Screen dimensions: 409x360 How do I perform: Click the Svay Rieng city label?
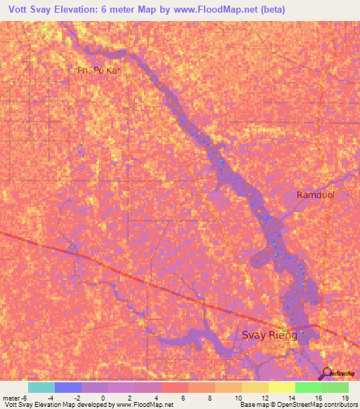coord(270,335)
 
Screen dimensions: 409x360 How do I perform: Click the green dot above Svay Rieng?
coord(283,330)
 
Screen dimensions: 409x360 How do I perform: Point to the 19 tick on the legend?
coord(346,397)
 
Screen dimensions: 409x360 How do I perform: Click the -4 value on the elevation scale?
coord(55,397)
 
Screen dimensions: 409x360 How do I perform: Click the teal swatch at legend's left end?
coord(41,387)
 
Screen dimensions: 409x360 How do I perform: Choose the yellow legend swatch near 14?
coord(282,387)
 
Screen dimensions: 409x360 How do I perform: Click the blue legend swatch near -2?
coord(68,387)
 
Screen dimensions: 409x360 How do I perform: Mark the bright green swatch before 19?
coord(309,387)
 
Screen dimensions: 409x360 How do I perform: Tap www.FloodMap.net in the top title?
coord(219,10)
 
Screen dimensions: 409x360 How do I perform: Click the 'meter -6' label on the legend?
coord(15,397)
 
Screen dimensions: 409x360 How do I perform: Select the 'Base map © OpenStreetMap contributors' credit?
coord(297,405)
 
